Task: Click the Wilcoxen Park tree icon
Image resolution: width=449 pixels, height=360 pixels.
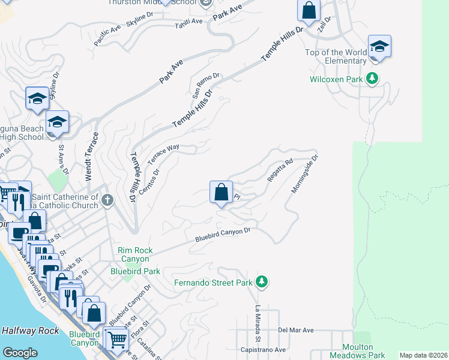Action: click(372, 79)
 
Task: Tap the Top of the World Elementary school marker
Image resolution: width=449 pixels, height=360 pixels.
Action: click(379, 47)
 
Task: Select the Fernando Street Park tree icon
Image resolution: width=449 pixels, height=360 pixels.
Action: click(261, 281)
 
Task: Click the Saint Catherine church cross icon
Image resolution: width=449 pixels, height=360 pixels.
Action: click(107, 200)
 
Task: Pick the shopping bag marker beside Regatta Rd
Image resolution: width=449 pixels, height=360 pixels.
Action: click(221, 193)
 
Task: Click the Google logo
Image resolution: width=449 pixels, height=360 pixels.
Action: click(20, 353)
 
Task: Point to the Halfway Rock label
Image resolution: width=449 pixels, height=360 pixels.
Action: click(30, 331)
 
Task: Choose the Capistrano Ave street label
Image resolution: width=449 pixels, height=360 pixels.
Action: click(264, 349)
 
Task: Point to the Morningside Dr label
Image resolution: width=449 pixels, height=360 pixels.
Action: click(304, 174)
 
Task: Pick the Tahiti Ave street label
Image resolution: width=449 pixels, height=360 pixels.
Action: click(188, 22)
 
